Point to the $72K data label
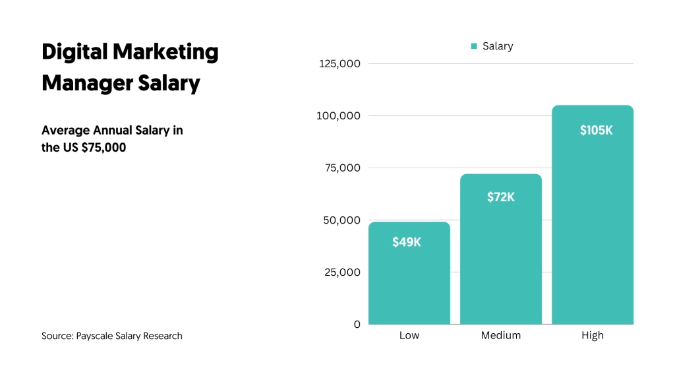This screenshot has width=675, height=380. (x=501, y=197)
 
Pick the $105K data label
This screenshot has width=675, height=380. (x=596, y=130)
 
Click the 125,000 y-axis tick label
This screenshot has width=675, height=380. (x=339, y=64)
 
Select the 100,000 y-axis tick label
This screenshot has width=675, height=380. (x=339, y=116)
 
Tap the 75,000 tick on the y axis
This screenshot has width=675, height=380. (x=342, y=168)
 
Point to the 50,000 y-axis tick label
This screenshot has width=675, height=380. (x=341, y=220)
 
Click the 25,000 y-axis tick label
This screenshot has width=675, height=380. (x=341, y=272)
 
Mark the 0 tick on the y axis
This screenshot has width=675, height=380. (x=357, y=325)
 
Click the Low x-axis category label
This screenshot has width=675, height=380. (x=409, y=336)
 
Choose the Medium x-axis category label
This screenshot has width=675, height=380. (x=501, y=336)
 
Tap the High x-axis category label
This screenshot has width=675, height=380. (x=593, y=336)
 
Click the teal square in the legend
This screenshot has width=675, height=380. (x=474, y=46)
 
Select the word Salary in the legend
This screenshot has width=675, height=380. (x=498, y=46)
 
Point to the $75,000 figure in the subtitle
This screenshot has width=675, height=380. (x=103, y=148)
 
